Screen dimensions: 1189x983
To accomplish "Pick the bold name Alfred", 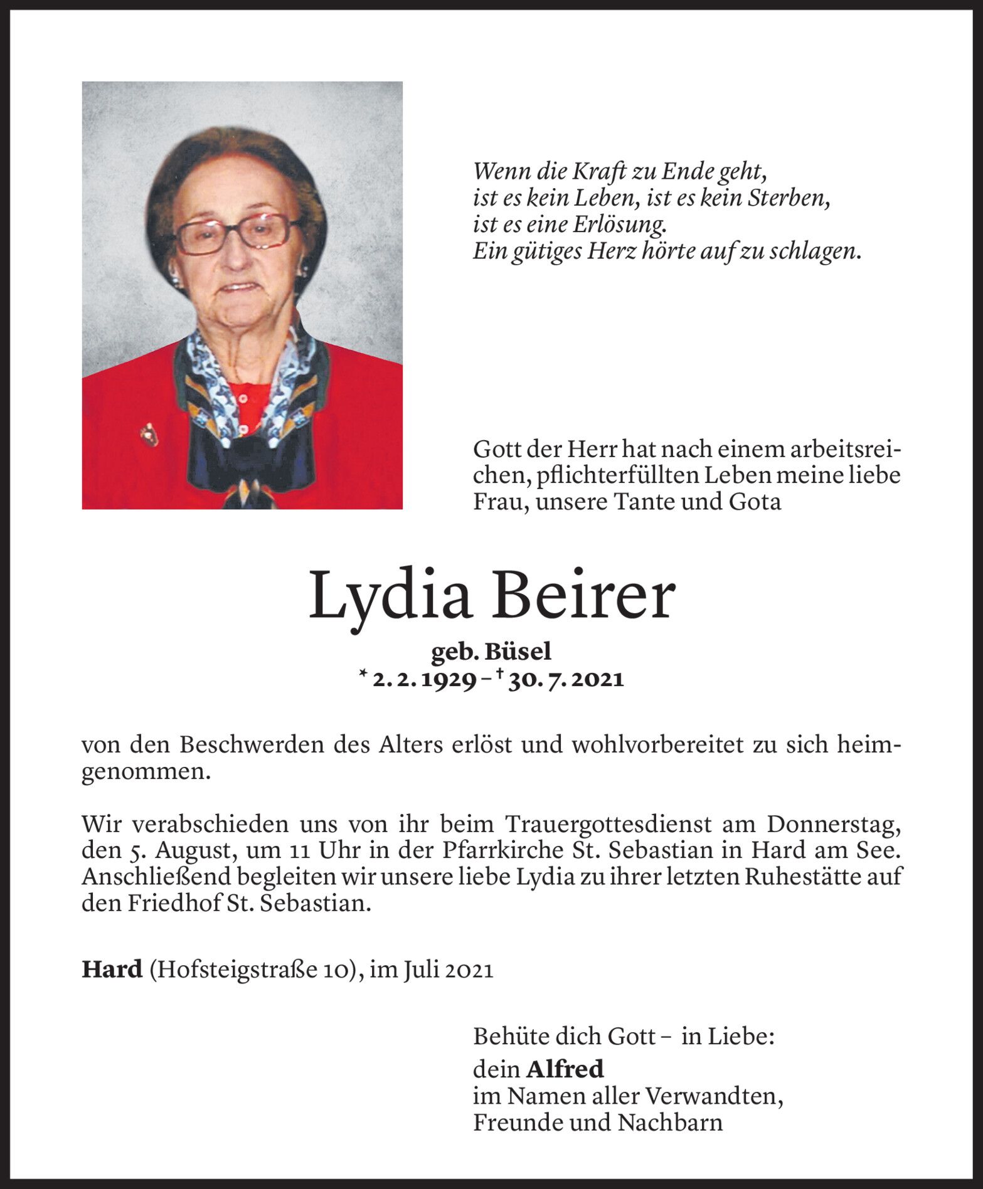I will click(x=565, y=1069).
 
